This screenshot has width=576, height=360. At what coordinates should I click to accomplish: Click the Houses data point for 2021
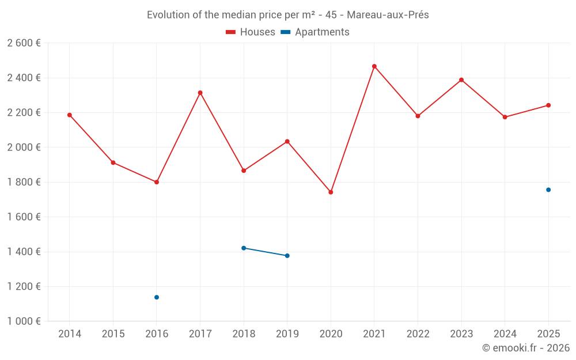pos(374,66)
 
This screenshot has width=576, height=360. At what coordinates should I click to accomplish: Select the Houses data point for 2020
pos(331,192)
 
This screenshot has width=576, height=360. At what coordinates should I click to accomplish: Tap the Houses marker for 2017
pos(200,93)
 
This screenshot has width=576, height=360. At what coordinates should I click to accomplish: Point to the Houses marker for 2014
pos(70,115)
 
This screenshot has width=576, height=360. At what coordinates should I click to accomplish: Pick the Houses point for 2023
pos(461,80)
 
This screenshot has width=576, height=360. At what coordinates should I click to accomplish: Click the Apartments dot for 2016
pos(157,297)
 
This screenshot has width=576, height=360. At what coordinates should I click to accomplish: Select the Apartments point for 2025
pos(548,190)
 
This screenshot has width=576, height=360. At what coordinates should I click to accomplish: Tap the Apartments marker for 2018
pos(244,248)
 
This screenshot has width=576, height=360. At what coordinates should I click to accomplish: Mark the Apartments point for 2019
pos(287,256)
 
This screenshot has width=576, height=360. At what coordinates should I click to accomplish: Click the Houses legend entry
pos(251,32)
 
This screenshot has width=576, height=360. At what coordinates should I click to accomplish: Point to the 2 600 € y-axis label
pos(24,43)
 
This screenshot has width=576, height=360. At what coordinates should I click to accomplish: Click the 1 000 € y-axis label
pos(24,321)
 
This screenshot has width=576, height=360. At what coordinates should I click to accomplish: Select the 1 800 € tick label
pos(24,182)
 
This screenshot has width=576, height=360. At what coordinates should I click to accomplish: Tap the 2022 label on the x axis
pos(418,334)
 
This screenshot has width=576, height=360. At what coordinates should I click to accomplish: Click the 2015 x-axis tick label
pos(113,334)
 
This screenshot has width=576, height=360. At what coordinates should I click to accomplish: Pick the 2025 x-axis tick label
pos(548,334)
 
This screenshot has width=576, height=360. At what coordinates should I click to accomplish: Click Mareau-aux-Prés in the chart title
pos(388,15)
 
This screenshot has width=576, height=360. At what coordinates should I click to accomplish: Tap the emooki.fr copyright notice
pos(525,348)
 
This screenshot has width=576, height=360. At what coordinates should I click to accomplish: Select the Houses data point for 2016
pos(157,182)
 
